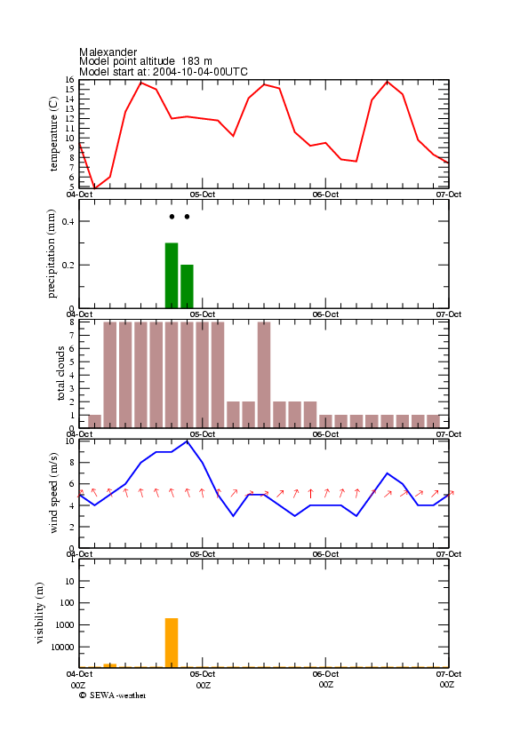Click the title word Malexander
coord(108,52)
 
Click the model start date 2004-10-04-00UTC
coord(200,72)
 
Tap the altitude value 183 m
coord(196,61)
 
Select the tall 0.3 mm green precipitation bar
coord(172,276)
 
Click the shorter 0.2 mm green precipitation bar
coord(187,287)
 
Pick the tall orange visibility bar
coord(172,643)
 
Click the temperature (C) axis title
coord(53,134)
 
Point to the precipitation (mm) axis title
coord(51,254)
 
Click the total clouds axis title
coord(60,373)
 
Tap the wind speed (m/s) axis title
coord(53,493)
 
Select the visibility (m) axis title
coord(40,613)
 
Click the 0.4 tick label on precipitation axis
coord(68,221)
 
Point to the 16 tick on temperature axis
coord(70,80)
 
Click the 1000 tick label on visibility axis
coord(65,625)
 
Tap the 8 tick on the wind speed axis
coord(72,463)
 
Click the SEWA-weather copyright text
coord(113,695)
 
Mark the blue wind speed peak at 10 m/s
coord(187,441)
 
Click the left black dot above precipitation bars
coord(172,217)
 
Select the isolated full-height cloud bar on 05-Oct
coord(264,375)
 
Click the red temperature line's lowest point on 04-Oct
coord(94,188)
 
